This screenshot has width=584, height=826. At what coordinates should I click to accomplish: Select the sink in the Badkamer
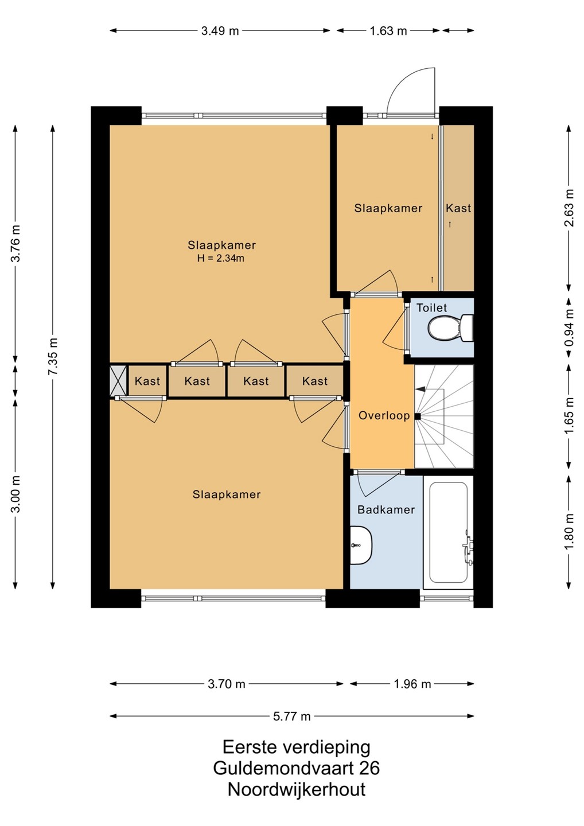point(361,545)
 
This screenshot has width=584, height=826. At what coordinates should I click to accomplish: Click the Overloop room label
point(384,415)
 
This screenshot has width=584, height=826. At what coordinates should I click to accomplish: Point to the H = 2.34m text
point(220,258)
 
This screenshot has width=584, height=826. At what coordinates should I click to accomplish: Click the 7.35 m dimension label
point(53,357)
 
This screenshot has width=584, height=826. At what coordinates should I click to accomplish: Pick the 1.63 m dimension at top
point(388,30)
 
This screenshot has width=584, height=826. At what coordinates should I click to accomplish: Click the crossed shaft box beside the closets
point(118,381)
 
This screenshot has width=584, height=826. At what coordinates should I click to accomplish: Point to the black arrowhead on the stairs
point(420,389)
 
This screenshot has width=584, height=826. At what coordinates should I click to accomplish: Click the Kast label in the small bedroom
point(458,208)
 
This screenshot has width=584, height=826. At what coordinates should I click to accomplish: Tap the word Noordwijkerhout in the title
point(297,790)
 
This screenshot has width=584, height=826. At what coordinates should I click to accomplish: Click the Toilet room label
point(431,307)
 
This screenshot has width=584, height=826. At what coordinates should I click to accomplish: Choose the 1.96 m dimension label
point(412,684)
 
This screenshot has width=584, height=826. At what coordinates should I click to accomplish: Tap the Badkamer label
point(386,509)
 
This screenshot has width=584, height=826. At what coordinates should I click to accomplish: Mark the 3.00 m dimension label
point(15,494)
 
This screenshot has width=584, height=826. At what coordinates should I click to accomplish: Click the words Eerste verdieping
point(297,747)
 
